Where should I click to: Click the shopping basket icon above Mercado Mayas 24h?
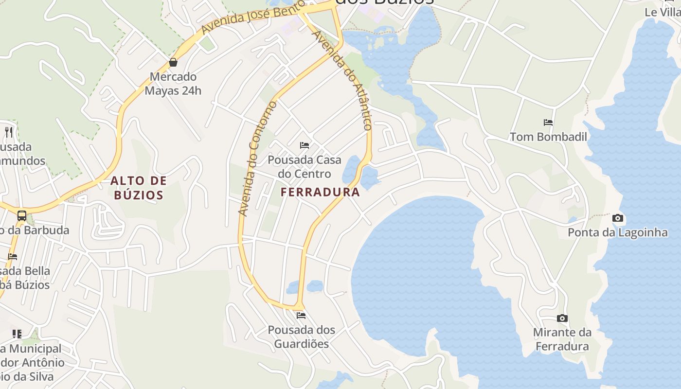(173, 62)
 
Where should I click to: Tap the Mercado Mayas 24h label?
(173, 84)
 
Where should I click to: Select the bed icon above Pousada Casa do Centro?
(305, 145)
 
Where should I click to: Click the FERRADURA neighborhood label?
(320, 192)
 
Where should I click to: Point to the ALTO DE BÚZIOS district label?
(139, 188)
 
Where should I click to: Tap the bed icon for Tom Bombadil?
(548, 123)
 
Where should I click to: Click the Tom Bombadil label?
(548, 137)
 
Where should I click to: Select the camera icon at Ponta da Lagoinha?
(618, 218)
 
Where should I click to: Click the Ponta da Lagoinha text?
(618, 232)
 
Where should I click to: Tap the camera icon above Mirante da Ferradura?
(562, 318)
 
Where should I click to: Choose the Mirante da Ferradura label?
(562, 339)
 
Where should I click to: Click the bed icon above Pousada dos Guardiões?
(301, 316)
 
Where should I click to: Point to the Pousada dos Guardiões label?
(301, 337)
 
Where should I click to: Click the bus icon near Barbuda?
(22, 216)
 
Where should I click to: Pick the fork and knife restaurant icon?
(8, 132)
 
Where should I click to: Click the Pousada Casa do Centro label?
(305, 167)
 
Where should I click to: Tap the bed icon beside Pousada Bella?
(13, 257)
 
